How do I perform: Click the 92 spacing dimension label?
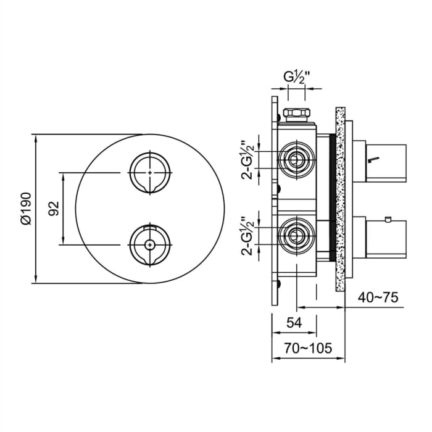[x=54, y=209]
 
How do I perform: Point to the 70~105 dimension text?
[x=308, y=348]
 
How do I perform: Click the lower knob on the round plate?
[x=149, y=244]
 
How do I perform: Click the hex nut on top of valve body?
[x=297, y=115]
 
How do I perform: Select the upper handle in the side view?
[x=386, y=161]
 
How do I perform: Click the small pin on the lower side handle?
[x=387, y=219]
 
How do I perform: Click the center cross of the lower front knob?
[x=149, y=244]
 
